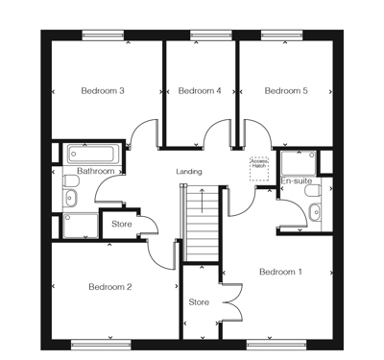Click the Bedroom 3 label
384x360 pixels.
click(x=103, y=91)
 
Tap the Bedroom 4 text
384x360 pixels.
click(x=200, y=91)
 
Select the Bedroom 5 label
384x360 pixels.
click(x=286, y=91)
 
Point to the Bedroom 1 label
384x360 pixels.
click(x=280, y=272)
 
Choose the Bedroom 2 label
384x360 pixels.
click(x=110, y=287)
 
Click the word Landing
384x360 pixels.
click(x=189, y=172)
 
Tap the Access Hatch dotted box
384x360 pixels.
click(x=259, y=169)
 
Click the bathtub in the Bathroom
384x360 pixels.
click(x=93, y=154)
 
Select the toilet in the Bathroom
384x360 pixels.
click(x=71, y=181)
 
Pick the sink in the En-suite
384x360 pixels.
click(x=314, y=212)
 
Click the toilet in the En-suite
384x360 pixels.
click(x=313, y=191)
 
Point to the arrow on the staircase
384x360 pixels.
click(x=202, y=201)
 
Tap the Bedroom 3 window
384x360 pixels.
click(x=103, y=36)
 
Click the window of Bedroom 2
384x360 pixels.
click(x=101, y=345)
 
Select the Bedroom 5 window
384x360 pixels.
click(x=281, y=36)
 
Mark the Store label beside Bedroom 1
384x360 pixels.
click(x=199, y=302)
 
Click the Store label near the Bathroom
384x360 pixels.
click(x=122, y=224)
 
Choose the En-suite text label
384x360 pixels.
click(x=297, y=180)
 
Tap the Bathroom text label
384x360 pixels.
click(x=96, y=171)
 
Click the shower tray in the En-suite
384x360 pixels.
click(x=299, y=163)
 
